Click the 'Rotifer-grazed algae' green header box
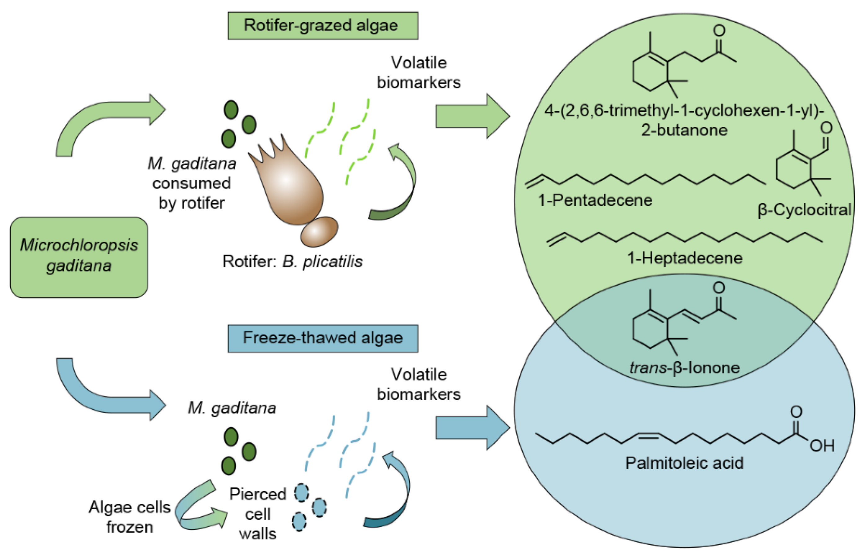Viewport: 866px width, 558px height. (323, 25)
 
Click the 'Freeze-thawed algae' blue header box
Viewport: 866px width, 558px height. (323, 338)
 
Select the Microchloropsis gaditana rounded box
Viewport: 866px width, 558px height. (79, 257)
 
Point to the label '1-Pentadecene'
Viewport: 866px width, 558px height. (595, 200)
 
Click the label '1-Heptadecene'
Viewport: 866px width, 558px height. (684, 258)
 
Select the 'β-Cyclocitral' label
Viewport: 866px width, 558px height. (804, 210)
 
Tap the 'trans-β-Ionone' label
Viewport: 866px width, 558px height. (684, 368)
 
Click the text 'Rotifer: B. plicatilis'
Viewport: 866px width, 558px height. (292, 261)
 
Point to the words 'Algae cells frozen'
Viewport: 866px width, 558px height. (129, 517)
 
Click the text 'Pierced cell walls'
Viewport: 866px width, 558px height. (258, 514)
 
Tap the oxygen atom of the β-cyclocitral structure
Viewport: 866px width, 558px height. (826, 128)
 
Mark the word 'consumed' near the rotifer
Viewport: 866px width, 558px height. (191, 183)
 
